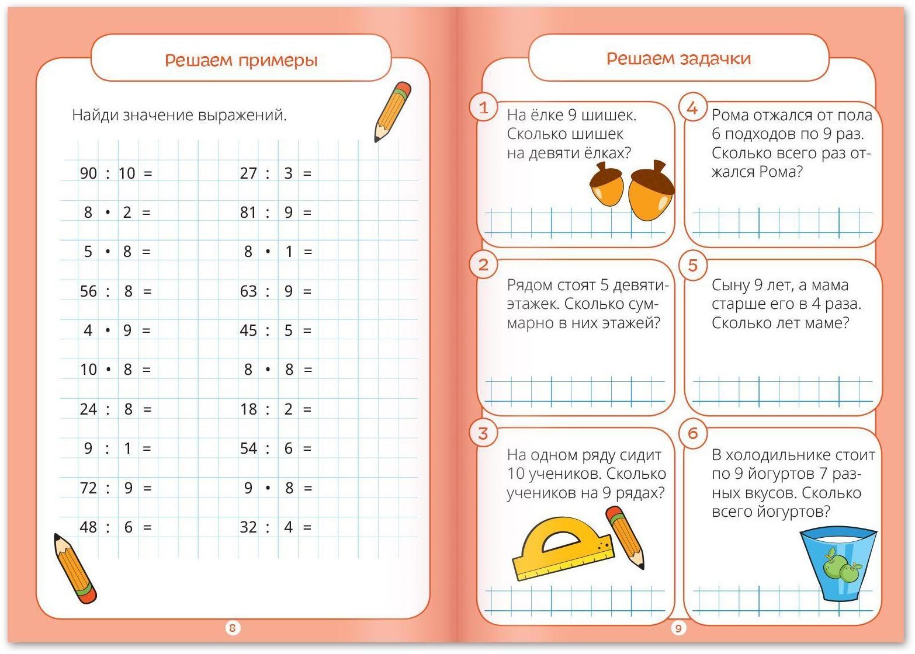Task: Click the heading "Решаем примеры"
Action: point(241,60)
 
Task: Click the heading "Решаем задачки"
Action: point(678,58)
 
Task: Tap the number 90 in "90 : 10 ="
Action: point(88,173)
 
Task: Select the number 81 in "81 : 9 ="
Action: point(248,213)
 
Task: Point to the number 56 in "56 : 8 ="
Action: point(88,291)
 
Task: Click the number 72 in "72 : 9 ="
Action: point(88,488)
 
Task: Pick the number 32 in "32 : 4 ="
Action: point(248,527)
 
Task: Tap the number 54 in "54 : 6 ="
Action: point(248,448)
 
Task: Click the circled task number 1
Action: point(483,107)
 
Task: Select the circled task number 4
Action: point(692,107)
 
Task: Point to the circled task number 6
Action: point(693,433)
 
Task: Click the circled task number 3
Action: point(483,433)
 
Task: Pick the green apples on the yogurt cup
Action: point(840,565)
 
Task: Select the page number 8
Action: point(233,628)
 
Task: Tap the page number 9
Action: point(678,628)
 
